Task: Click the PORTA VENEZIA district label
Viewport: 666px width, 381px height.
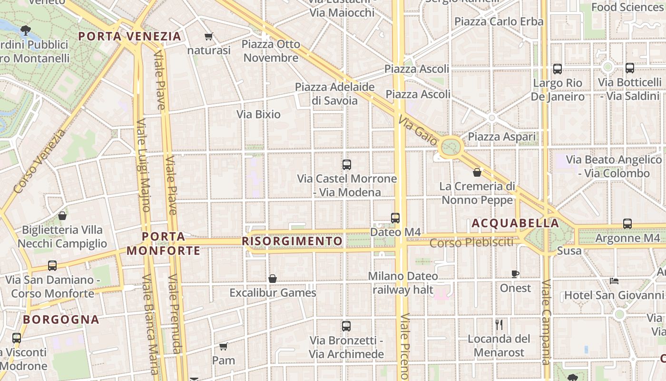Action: point(130,36)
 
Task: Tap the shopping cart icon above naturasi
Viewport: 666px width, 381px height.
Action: point(208,37)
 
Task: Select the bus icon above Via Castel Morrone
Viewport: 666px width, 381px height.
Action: point(347,165)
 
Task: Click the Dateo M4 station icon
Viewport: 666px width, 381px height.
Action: point(395,218)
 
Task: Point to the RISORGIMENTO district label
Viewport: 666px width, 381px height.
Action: point(292,241)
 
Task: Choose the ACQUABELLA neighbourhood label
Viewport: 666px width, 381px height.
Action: point(515,223)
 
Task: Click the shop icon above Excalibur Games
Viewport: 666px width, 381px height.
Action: point(273,279)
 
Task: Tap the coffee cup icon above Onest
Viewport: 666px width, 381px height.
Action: point(515,274)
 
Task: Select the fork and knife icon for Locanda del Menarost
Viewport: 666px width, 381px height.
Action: point(499,325)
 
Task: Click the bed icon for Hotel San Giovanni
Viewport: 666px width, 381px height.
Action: point(614,281)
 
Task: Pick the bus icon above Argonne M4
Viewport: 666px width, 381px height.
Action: point(627,224)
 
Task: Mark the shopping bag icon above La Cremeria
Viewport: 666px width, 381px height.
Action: point(477,172)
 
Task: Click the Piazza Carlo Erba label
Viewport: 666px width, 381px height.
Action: point(499,21)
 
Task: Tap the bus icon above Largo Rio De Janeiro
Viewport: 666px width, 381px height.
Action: point(558,69)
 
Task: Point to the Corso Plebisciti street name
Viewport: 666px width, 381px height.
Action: point(471,242)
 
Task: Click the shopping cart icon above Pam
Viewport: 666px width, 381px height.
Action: point(223,346)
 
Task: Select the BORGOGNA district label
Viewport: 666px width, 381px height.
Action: point(61,319)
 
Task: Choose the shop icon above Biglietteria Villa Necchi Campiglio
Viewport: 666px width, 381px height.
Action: point(62,216)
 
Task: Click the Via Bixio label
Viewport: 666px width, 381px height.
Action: point(259,114)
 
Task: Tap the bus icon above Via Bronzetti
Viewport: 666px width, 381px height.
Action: point(346,326)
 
